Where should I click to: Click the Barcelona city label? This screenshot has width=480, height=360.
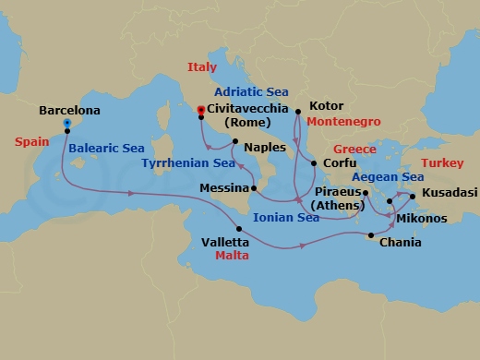point(69,110)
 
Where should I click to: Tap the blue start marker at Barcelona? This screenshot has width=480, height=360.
point(67,122)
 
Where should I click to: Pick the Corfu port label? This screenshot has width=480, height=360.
point(341,163)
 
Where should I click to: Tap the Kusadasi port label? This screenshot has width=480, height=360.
point(450,194)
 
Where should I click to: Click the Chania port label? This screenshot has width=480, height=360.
point(401,243)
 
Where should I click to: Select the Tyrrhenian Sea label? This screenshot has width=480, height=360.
point(188,163)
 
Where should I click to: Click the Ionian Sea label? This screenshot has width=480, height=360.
point(289,218)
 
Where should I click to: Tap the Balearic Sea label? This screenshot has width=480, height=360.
point(107,147)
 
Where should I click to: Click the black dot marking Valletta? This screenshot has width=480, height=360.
point(239,229)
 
